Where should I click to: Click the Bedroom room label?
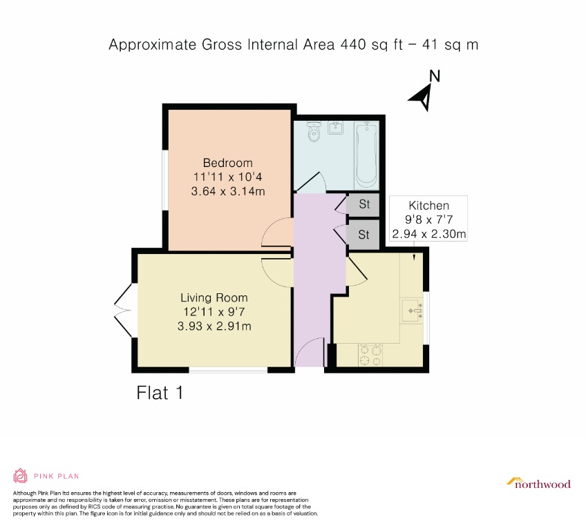tap(227, 163)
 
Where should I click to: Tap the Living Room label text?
tap(214, 297)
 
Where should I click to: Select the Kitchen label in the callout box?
tap(428, 206)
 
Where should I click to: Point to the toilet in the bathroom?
tap(314, 131)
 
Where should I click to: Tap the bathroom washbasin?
tap(337, 128)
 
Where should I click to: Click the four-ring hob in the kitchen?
tap(370, 355)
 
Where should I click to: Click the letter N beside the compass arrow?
tap(434, 76)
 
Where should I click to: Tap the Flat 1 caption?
tap(160, 393)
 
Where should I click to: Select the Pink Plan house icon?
tap(20, 475)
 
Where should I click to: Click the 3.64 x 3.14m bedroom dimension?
tap(228, 190)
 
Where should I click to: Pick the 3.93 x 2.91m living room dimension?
tap(214, 325)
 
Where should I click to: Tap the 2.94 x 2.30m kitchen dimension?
tap(428, 234)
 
